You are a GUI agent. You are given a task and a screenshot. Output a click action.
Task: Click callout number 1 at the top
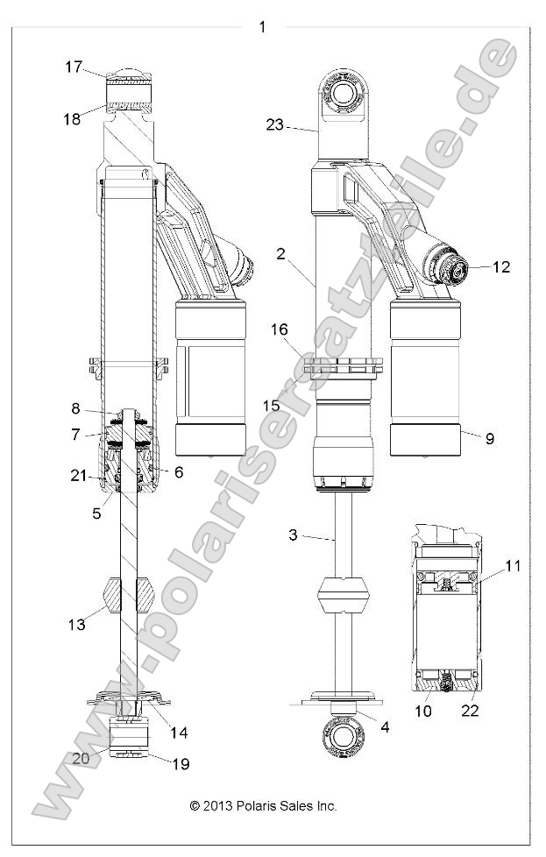coord(262,26)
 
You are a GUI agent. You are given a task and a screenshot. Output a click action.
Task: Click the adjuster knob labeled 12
coord(457,271)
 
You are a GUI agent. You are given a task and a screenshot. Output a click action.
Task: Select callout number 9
coord(490,438)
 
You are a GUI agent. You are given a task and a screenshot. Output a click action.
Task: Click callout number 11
coord(513,566)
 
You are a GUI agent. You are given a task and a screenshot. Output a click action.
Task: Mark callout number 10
coord(423,711)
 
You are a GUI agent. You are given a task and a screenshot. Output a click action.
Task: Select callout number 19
coord(181,764)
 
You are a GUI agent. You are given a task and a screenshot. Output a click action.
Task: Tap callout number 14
coord(179,732)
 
